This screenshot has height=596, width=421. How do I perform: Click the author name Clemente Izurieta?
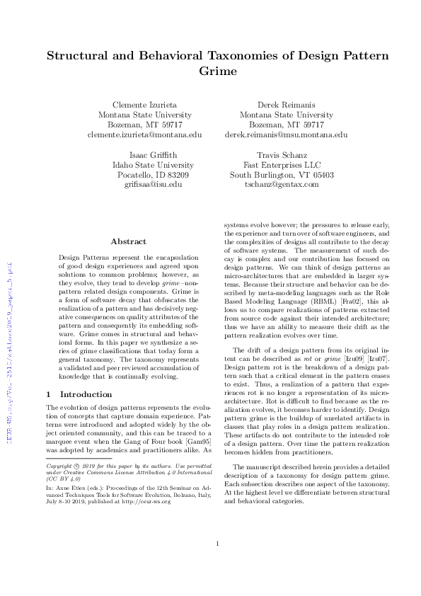point(144,105)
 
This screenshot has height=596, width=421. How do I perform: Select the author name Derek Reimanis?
point(286,105)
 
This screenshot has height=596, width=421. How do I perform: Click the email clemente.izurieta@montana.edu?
point(144,134)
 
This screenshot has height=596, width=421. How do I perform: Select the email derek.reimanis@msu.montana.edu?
point(286,134)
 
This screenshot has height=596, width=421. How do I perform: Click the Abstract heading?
point(128,241)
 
